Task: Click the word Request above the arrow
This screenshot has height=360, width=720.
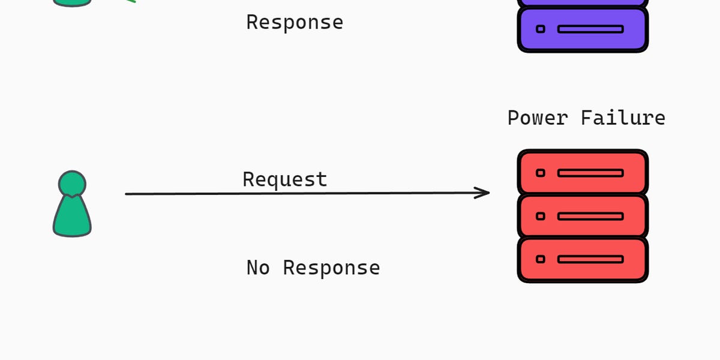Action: click(x=285, y=179)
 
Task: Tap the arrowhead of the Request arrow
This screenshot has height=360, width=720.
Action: click(x=485, y=193)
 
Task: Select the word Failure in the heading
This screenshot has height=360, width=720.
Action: click(x=623, y=118)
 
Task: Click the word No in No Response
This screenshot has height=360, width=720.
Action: click(x=258, y=268)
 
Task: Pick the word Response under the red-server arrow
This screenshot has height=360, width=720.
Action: click(x=331, y=268)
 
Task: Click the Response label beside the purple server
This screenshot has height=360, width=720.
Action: click(x=295, y=22)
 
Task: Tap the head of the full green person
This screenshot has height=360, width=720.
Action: click(x=72, y=182)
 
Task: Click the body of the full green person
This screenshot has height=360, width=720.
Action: click(x=72, y=217)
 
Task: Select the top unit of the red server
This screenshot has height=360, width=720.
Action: click(x=583, y=172)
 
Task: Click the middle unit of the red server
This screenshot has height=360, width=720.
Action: click(x=583, y=216)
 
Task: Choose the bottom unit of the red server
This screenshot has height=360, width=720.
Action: click(x=583, y=259)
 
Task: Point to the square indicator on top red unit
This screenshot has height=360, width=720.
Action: click(x=541, y=173)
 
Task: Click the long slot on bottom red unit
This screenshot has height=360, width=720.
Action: click(x=590, y=259)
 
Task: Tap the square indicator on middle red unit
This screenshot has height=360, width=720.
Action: click(x=541, y=216)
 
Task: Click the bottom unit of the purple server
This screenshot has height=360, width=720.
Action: click(x=583, y=29)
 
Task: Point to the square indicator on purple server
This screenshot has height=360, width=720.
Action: click(x=541, y=29)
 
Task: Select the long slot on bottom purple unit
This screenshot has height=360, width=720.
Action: click(x=590, y=29)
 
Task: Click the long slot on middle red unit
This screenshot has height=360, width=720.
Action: click(x=590, y=216)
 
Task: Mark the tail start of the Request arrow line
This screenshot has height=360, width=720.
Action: click(x=127, y=194)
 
